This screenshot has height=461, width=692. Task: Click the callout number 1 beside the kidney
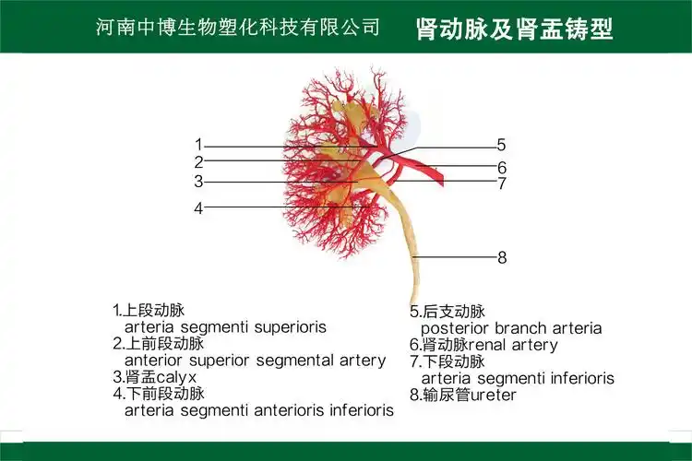tap(198, 145)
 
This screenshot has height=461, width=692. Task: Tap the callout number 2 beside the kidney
tap(198, 162)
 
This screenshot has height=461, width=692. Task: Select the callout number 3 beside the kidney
tap(198, 182)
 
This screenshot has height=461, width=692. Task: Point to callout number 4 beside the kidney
tap(198, 208)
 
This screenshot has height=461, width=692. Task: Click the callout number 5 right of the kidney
tap(501, 145)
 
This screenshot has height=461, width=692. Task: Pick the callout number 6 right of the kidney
tap(502, 168)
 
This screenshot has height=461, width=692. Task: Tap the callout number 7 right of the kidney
tap(502, 183)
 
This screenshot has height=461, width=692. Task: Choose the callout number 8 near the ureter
tap(502, 258)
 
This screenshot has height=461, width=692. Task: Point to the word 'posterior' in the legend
tap(457, 328)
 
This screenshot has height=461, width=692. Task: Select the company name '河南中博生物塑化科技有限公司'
tap(238, 28)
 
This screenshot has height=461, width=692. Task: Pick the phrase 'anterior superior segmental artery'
tap(255, 360)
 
